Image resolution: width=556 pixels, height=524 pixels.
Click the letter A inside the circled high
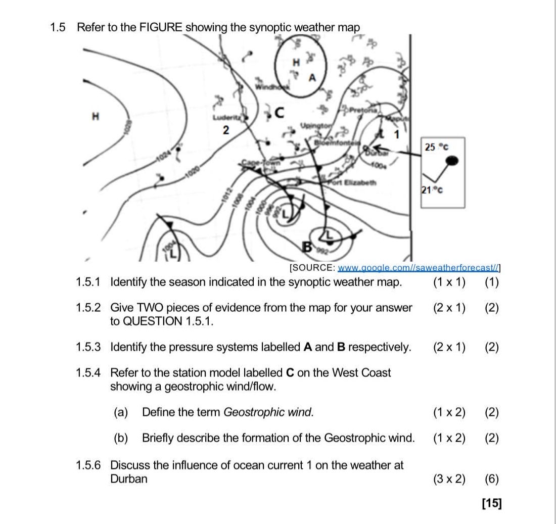312,77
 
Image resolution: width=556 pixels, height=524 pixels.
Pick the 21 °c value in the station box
433,190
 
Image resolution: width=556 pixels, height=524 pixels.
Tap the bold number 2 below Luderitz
226,131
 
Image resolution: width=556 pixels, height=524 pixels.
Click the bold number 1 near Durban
397,134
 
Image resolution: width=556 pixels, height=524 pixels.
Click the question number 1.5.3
88,347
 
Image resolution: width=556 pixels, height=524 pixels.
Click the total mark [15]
492,503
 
